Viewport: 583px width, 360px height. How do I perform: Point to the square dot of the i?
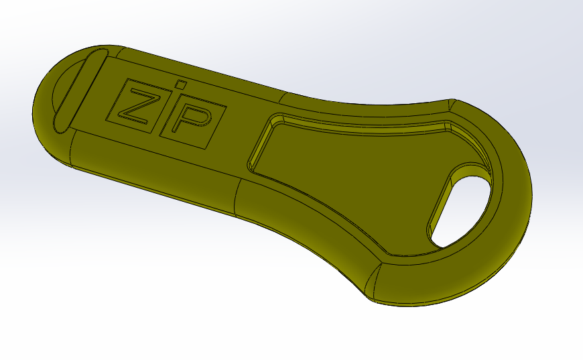pos(178,86)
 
